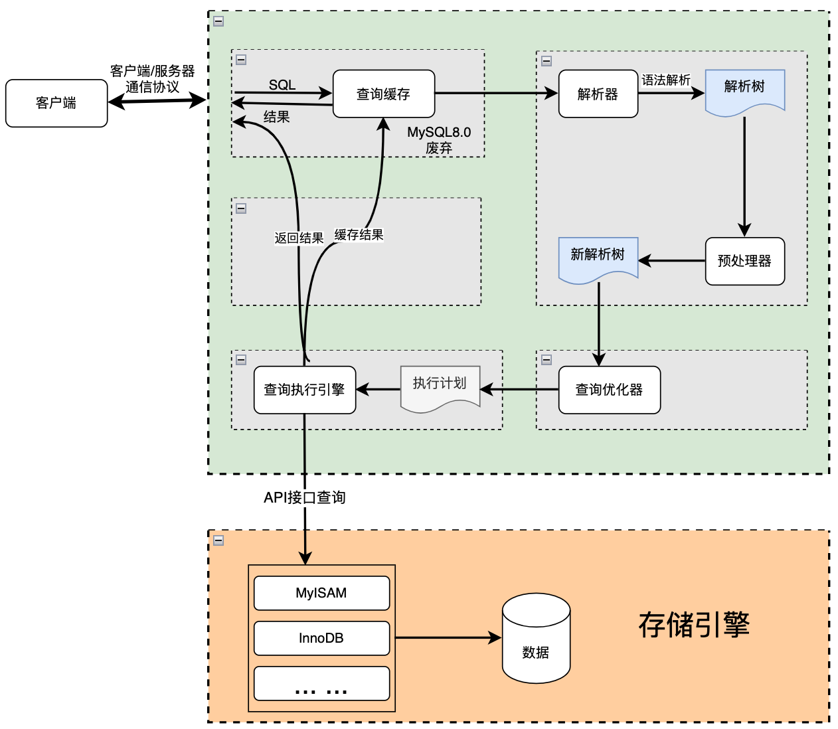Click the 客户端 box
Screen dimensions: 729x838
coord(56,103)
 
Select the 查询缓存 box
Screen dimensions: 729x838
coord(383,94)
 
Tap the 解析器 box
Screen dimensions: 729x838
coord(598,94)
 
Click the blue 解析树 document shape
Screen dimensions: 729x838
coord(744,90)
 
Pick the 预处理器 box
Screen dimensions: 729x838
coord(744,261)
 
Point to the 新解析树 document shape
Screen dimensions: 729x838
coord(598,258)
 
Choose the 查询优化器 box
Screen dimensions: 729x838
coord(609,390)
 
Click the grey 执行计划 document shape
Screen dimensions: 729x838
coord(440,386)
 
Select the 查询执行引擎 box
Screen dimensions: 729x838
coord(304,390)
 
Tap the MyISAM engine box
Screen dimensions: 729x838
coord(321,593)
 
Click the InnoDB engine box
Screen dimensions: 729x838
coord(321,638)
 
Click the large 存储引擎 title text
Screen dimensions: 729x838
coord(694,625)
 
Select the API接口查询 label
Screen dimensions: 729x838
coord(304,497)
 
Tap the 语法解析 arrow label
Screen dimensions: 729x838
coord(665,80)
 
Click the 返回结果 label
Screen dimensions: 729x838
coord(299,238)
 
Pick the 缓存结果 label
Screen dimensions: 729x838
coord(359,235)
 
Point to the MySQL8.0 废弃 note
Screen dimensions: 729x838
coord(439,140)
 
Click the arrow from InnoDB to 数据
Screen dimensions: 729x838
coord(448,638)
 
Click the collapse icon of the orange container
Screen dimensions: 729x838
coord(218,540)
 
